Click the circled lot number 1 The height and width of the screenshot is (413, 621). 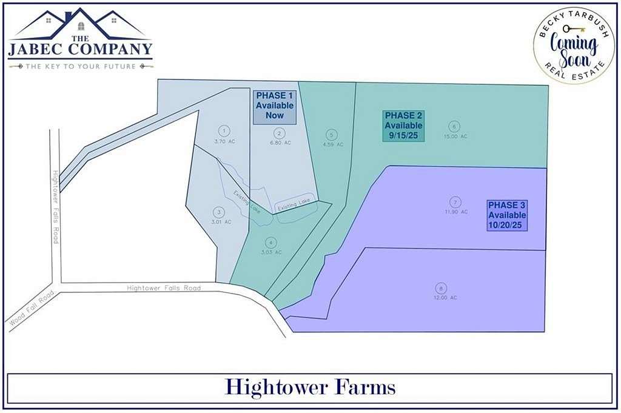(224, 130)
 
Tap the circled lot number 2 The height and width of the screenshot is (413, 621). (279, 133)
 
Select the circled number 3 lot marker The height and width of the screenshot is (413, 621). (219, 212)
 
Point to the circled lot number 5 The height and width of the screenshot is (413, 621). (331, 135)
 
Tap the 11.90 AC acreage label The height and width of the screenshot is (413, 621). (456, 212)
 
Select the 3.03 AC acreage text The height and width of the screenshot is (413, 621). (270, 252)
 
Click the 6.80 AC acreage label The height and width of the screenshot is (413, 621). (280, 143)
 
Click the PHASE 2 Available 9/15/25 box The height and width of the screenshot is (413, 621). (403, 126)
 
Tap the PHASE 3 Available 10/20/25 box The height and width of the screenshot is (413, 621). (507, 215)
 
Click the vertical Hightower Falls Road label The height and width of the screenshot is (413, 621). (55, 207)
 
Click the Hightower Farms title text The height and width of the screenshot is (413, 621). (310, 386)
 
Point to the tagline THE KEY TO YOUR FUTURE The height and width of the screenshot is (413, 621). (80, 66)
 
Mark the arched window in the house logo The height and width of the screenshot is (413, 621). (81, 26)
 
